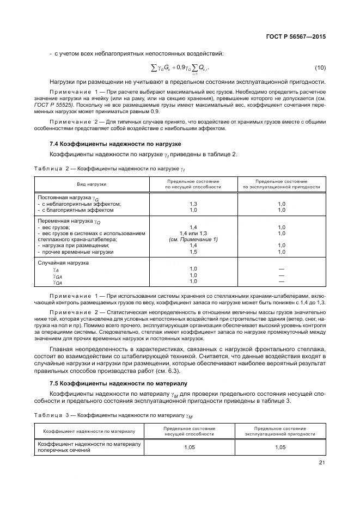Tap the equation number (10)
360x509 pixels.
[x=320, y=68]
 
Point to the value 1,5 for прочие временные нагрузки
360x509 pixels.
[x=193, y=252]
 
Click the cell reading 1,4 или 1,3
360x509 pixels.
[x=193, y=234]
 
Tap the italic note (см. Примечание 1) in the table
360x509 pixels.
[x=193, y=240]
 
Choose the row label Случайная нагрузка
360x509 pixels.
[x=63, y=263]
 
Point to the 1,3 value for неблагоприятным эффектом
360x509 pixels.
[x=193, y=204]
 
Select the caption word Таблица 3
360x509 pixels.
[x=54, y=415]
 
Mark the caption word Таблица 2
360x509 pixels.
[x=54, y=169]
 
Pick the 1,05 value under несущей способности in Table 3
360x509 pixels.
[x=189, y=447]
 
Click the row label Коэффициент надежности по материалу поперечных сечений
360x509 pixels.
[x=89, y=447]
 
